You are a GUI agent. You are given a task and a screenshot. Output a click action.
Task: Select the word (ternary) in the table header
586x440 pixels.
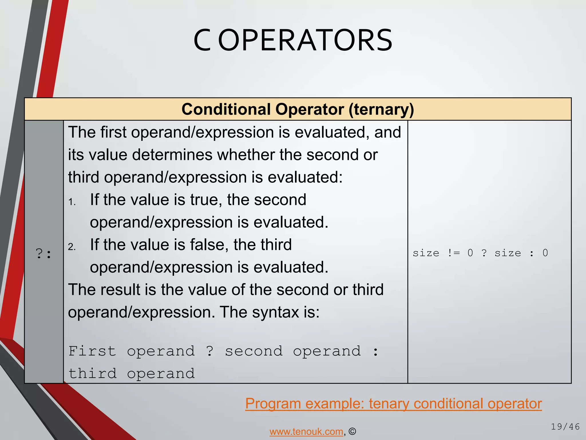[x=381, y=109]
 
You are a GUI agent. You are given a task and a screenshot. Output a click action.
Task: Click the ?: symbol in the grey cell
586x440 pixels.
[x=44, y=254]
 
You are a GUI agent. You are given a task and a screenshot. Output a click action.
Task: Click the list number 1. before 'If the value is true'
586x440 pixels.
[x=72, y=202]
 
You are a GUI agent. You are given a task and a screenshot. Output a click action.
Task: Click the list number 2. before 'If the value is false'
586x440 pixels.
[x=72, y=247]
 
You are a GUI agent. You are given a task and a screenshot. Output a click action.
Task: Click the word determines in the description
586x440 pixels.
[x=173, y=155]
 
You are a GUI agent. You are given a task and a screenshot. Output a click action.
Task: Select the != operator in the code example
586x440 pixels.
[x=454, y=253]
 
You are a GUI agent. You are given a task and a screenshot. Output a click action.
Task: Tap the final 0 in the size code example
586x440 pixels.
[x=545, y=253]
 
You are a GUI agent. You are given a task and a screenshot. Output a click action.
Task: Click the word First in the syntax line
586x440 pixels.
[x=92, y=351]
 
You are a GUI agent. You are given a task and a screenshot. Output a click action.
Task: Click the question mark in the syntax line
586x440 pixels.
[x=210, y=351]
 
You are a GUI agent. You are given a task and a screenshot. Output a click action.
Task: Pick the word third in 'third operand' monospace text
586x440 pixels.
[x=92, y=374]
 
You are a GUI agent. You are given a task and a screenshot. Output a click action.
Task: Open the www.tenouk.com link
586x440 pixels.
[x=306, y=431]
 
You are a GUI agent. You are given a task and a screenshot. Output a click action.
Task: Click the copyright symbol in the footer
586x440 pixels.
[x=353, y=431]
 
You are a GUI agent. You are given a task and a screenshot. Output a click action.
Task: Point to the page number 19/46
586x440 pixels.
[x=565, y=427]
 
